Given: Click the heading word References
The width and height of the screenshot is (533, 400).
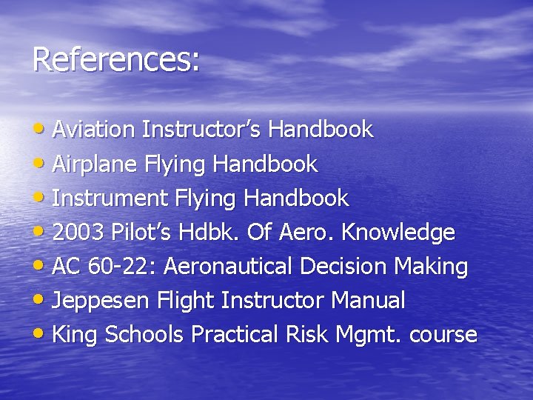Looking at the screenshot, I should (x=115, y=60).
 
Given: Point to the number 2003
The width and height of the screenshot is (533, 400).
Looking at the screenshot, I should (x=79, y=233).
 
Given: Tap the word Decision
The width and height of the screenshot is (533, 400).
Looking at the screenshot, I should (x=347, y=267).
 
